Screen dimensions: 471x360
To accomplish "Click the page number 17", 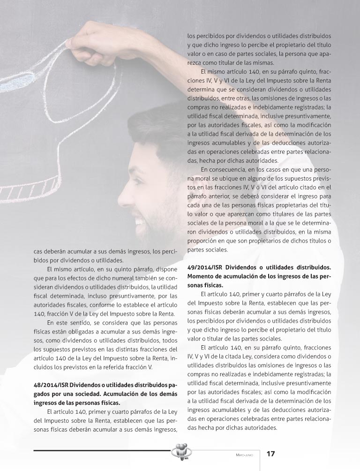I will (270, 454).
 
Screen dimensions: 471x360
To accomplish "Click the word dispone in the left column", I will (166, 269).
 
